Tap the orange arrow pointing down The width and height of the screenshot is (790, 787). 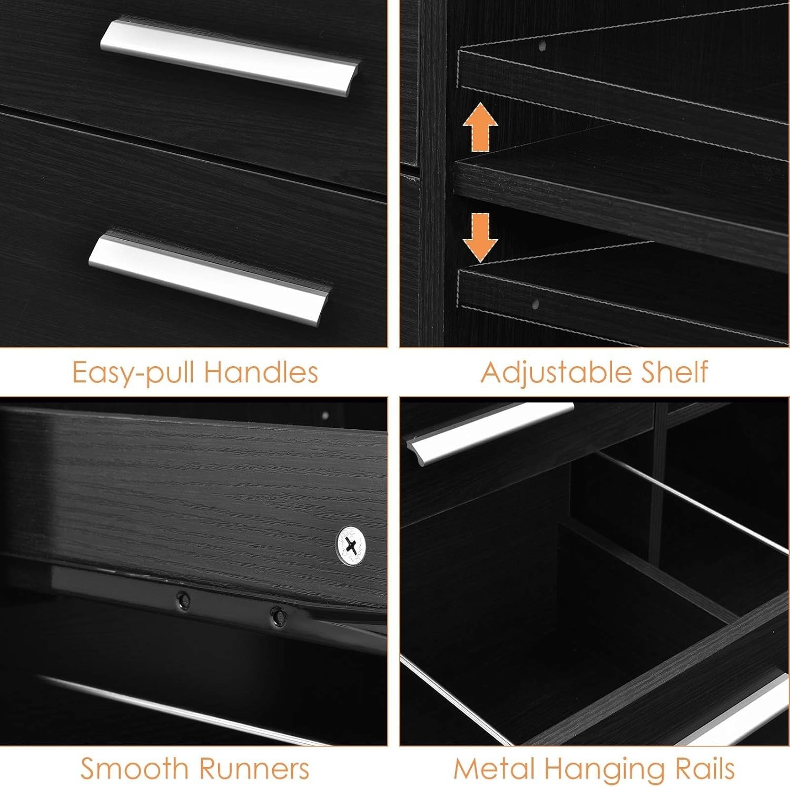point(480,237)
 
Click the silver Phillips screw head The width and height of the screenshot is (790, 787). point(352,546)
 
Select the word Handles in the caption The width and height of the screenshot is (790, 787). point(261,372)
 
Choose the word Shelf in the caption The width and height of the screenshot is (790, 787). point(675,372)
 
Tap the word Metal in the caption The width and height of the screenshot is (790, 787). point(490,769)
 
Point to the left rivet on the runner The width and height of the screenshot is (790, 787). point(183,599)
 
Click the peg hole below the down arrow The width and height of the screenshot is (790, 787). point(535,304)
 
